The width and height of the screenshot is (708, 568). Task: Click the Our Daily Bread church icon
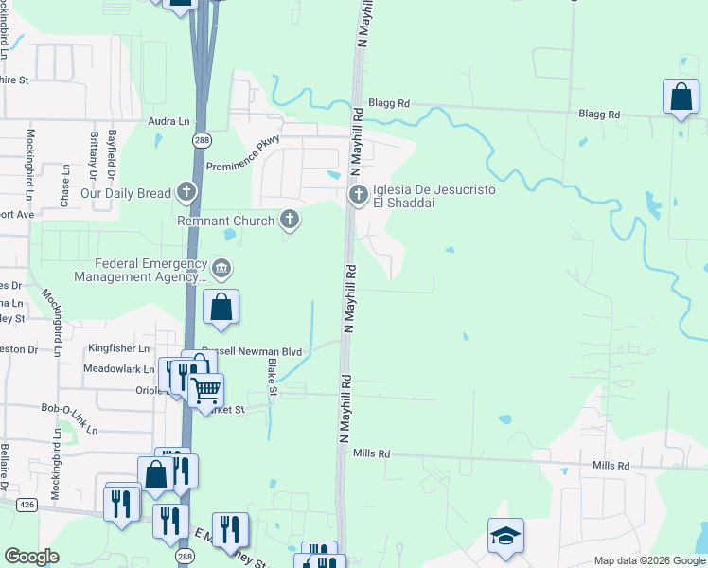[186, 194]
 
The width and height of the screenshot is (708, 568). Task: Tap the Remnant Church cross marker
[290, 221]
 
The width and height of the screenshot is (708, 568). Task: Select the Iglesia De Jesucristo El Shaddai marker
[359, 196]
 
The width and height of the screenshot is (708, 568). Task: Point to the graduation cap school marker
[505, 537]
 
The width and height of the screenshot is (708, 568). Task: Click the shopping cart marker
[205, 390]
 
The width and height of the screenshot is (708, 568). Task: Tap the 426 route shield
[27, 506]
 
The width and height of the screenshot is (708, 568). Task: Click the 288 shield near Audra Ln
[201, 140]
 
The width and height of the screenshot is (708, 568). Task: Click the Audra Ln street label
[169, 122]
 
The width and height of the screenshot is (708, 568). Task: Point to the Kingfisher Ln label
[120, 348]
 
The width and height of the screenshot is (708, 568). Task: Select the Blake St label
[273, 378]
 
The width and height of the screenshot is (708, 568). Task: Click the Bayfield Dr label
[112, 151]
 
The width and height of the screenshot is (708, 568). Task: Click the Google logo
[31, 557]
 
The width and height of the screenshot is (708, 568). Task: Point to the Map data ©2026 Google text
[648, 560]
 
